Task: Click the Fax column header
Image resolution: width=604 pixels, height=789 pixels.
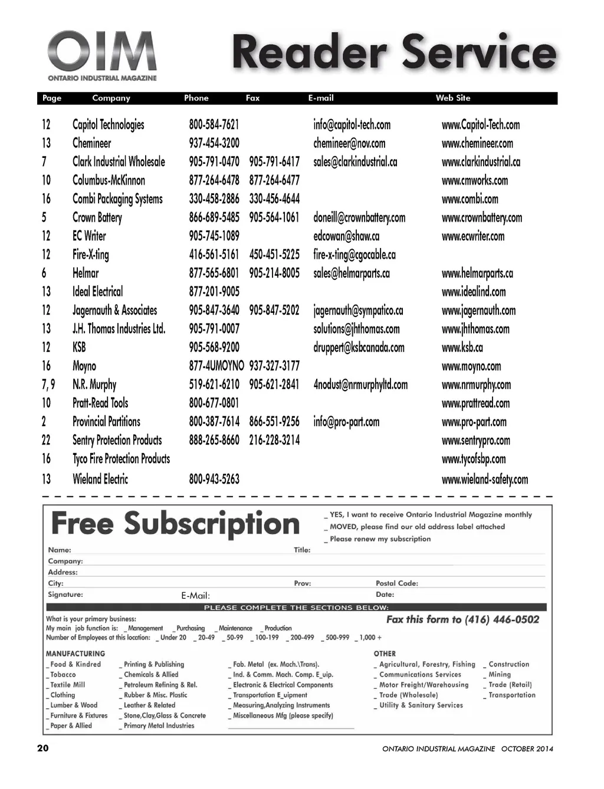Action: pyautogui.click(x=252, y=98)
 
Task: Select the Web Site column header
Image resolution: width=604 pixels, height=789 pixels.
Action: pyautogui.click(x=452, y=98)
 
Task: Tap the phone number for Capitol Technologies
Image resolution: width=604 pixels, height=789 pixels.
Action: pyautogui.click(x=214, y=125)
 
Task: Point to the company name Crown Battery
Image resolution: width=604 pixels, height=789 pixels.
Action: pyautogui.click(x=97, y=217)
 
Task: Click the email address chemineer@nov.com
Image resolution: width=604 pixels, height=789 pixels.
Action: pyautogui.click(x=349, y=143)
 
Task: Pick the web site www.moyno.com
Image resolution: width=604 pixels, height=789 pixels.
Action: pyautogui.click(x=471, y=367)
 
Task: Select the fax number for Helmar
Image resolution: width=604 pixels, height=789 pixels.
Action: pyautogui.click(x=274, y=273)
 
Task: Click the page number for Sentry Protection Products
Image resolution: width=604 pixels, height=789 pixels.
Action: pyautogui.click(x=46, y=440)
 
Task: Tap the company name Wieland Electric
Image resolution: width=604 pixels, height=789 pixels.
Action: pyautogui.click(x=100, y=479)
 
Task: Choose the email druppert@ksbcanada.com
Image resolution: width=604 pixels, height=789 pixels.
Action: pyautogui.click(x=359, y=348)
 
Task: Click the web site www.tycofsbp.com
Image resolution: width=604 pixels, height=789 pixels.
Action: pyautogui.click(x=474, y=459)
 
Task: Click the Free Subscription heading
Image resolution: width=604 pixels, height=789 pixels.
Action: pyautogui.click(x=175, y=524)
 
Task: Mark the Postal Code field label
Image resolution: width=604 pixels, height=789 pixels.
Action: pyautogui.click(x=397, y=583)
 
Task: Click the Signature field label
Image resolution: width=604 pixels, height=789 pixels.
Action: pyautogui.click(x=65, y=595)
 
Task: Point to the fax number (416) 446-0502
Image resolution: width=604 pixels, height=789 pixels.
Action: pyautogui.click(x=501, y=620)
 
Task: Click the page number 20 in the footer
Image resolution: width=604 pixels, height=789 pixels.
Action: pyautogui.click(x=43, y=748)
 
